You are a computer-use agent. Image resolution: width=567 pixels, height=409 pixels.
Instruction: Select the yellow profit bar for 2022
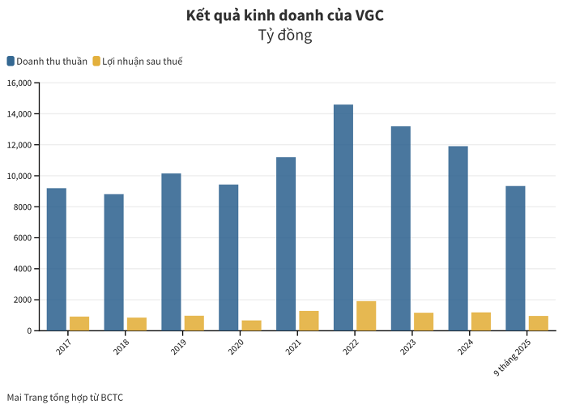(x=366, y=316)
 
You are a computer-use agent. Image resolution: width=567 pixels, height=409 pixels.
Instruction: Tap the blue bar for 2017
(x=57, y=259)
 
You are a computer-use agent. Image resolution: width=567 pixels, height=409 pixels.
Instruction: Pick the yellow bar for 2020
(x=252, y=325)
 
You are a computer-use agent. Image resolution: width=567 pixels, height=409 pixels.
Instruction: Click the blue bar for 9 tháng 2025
(x=515, y=258)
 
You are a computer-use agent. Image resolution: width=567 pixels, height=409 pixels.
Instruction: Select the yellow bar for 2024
(x=481, y=321)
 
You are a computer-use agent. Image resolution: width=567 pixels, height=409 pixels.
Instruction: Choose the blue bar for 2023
(x=401, y=228)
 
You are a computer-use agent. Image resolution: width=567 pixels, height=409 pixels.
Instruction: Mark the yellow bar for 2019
(x=194, y=322)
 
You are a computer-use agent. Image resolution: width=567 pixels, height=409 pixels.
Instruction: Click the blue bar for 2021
(x=286, y=244)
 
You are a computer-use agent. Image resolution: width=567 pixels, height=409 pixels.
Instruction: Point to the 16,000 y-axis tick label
(x=19, y=83)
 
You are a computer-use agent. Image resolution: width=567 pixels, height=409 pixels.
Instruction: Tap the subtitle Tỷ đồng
(x=284, y=36)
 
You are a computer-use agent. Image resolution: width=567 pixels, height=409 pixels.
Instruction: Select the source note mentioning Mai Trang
(x=65, y=397)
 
